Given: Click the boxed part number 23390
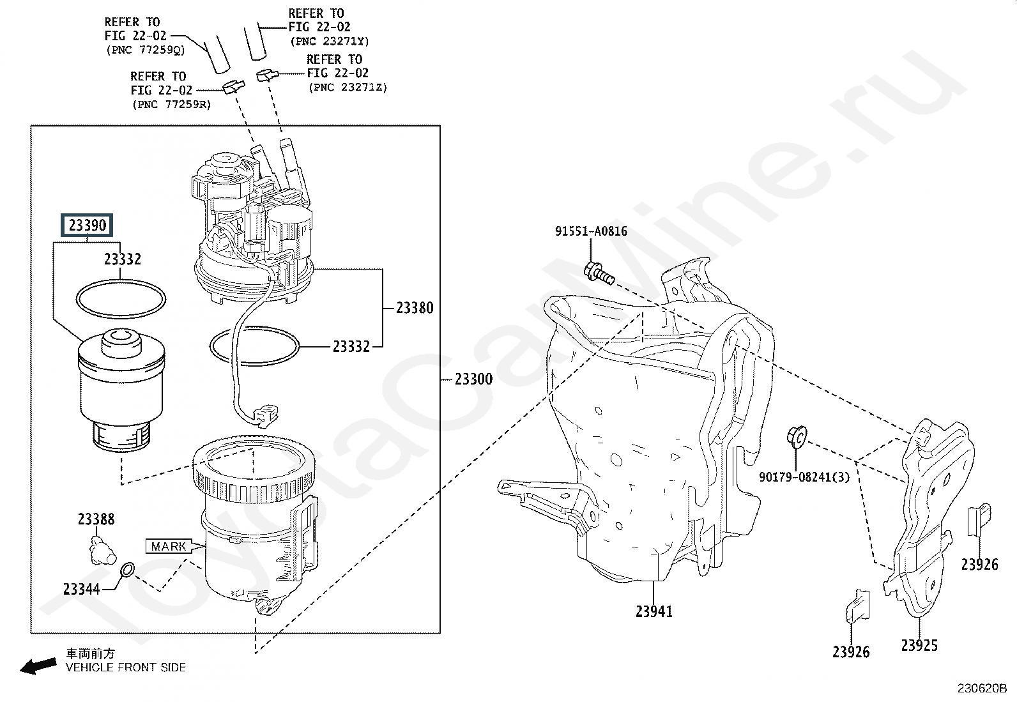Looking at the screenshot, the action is tap(87, 225).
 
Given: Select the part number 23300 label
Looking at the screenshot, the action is tap(473, 379).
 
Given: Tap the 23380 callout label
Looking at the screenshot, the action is tap(415, 308).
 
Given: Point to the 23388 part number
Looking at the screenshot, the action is tap(96, 519).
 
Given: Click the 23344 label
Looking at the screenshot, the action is tap(81, 590).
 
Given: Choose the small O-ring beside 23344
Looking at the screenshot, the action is tap(128, 569).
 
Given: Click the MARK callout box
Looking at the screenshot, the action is tap(169, 546).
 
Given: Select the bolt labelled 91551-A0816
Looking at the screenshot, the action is tap(599, 273).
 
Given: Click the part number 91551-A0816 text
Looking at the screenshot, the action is tap(591, 231).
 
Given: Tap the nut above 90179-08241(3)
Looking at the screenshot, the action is tap(797, 437).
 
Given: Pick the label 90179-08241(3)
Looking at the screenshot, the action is tap(804, 477).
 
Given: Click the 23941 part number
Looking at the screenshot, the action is tap(654, 612).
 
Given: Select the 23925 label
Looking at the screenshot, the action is tap(919, 645).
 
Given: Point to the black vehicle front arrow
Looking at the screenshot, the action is tap(38, 666).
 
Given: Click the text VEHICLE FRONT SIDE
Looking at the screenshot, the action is tap(126, 668).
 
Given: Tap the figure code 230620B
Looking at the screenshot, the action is tap(982, 689).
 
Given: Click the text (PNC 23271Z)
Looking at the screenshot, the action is tap(348, 87).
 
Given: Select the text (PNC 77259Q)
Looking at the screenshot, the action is tap(145, 50).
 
